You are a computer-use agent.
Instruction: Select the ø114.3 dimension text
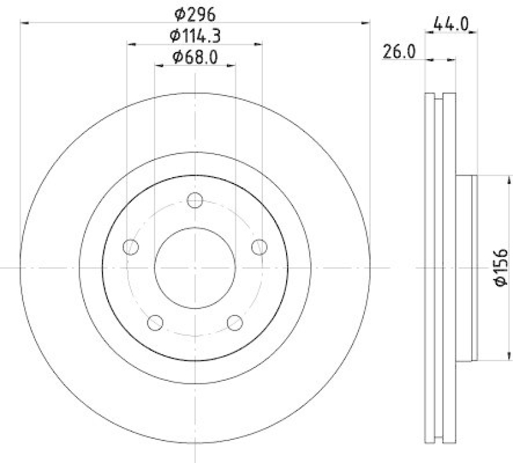(x=195, y=35)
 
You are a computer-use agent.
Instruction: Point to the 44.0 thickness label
(x=451, y=24)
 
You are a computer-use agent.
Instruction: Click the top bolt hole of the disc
(x=195, y=201)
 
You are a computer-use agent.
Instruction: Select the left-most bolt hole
(x=131, y=247)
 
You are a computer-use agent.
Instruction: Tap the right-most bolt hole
(x=259, y=247)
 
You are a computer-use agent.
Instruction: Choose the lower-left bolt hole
(x=155, y=323)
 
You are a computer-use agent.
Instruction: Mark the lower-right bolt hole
(x=235, y=323)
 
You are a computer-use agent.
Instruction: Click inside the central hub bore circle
(x=195, y=267)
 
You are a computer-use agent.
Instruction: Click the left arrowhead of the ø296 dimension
(x=26, y=23)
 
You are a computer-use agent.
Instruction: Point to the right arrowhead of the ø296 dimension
(x=366, y=23)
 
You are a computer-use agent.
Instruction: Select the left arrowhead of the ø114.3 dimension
(x=131, y=44)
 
